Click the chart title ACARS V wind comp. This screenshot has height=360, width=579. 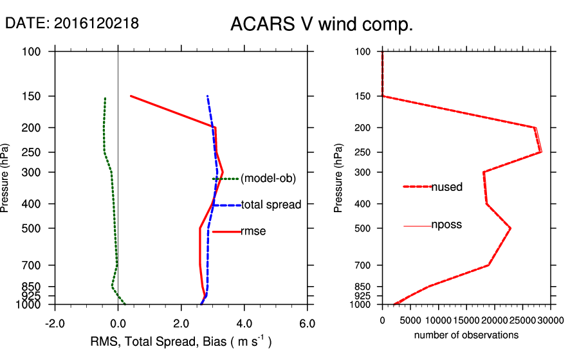[x=321, y=25]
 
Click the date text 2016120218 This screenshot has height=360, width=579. [x=96, y=24]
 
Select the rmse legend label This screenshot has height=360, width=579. [x=253, y=231]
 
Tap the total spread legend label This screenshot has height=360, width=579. [x=271, y=205]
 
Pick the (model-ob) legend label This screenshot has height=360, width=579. [x=268, y=179]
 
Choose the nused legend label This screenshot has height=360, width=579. [x=447, y=186]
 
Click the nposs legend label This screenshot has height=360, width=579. [x=446, y=225]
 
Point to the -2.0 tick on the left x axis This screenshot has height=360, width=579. [x=55, y=323]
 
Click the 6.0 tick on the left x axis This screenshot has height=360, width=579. [x=308, y=323]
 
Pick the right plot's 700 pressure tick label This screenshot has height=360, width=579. [x=363, y=265]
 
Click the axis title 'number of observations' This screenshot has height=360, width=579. [x=466, y=335]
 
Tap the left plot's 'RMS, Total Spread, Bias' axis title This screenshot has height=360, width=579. [x=180, y=341]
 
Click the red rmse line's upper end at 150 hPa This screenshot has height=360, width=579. [x=131, y=96]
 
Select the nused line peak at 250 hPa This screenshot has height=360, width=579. [x=541, y=152]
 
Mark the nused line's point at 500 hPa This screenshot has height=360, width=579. [x=511, y=228]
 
